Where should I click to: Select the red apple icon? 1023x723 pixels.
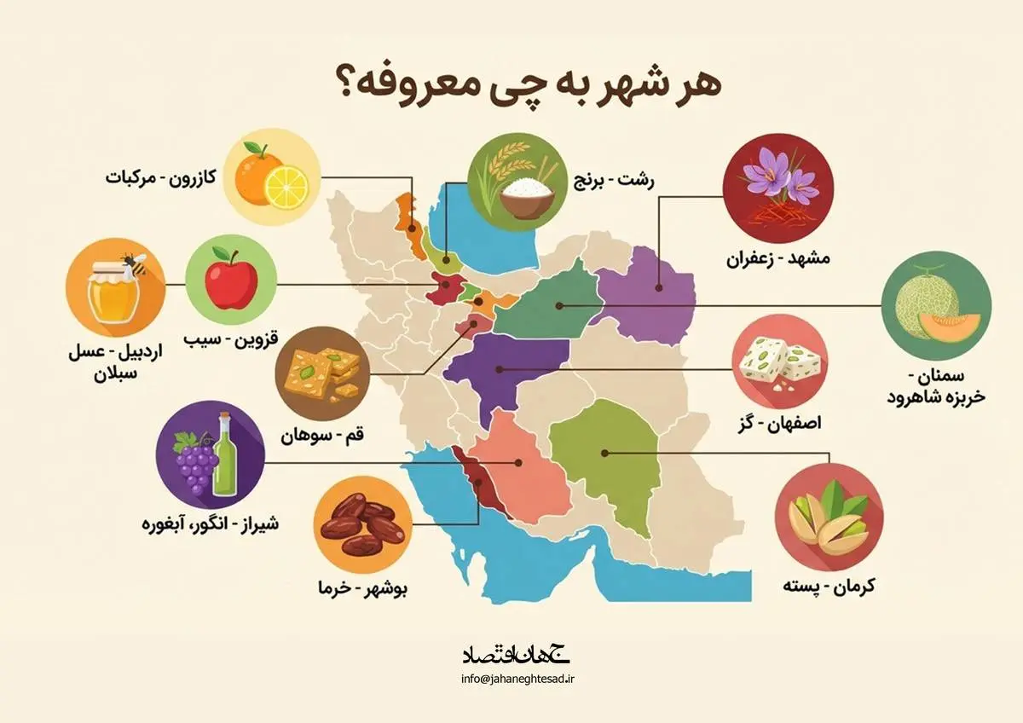click(x=231, y=281)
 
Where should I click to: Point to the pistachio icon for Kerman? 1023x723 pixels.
click(x=829, y=518)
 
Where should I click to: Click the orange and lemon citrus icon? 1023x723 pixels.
click(x=272, y=176)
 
